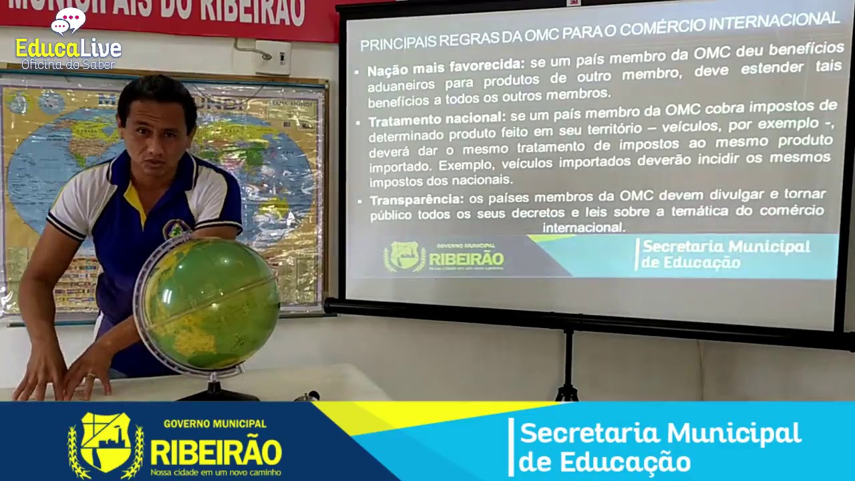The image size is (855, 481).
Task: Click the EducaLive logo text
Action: coord(68,48)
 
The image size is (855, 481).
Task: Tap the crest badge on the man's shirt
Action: coord(176,229)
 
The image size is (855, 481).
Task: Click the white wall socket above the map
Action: coord(273,57)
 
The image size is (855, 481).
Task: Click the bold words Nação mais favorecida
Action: coord(446,67)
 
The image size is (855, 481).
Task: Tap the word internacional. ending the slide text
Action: coord(584,227)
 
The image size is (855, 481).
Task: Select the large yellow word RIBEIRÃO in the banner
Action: coord(215,452)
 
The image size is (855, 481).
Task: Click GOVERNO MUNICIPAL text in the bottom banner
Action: coord(214,424)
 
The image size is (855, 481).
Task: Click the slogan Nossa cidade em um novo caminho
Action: coord(215,472)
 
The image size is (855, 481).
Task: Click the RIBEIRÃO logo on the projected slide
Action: coord(444,257)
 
